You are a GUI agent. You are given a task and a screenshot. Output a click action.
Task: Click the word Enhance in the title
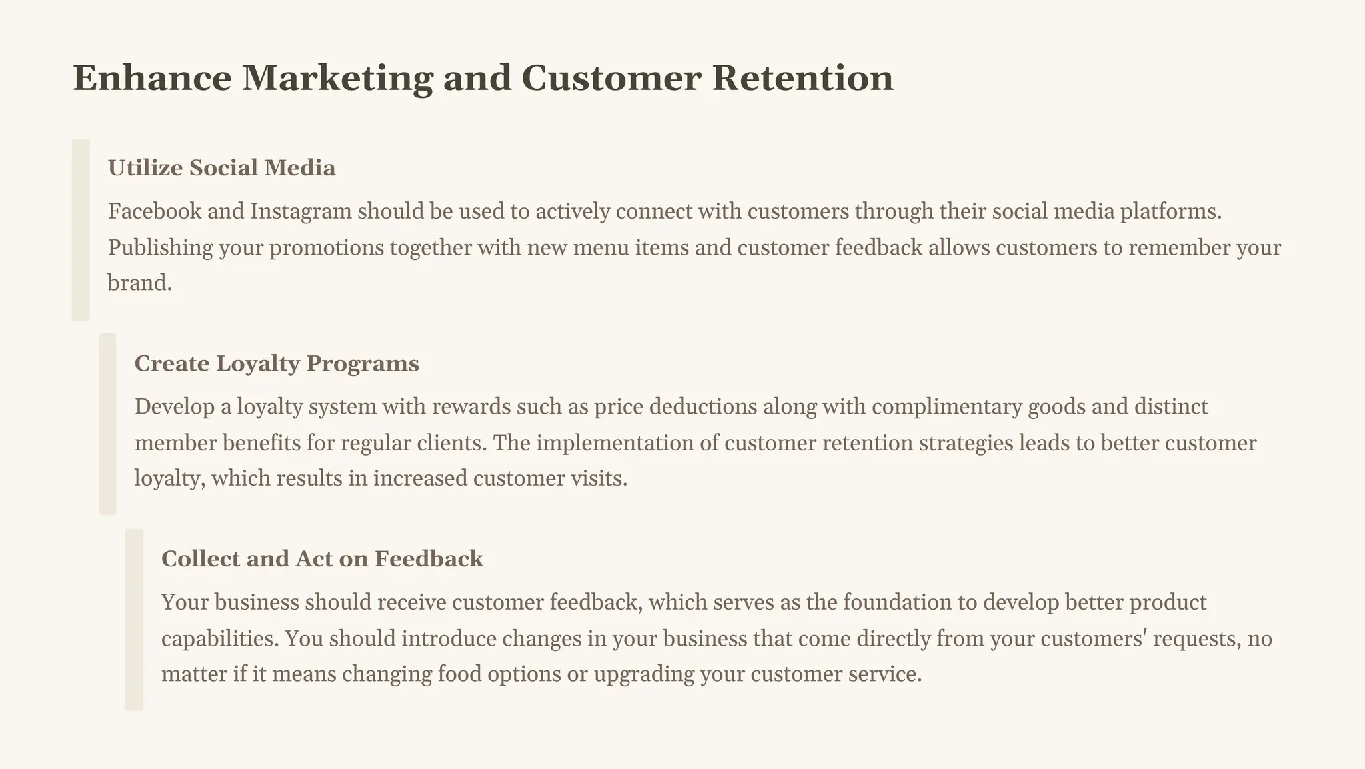152,78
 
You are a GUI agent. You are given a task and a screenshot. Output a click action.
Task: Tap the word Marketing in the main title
337,78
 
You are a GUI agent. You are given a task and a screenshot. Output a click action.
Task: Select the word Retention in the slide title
802,78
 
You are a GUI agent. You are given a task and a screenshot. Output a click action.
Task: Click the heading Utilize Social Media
221,168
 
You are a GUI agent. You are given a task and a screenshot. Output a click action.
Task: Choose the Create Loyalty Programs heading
277,364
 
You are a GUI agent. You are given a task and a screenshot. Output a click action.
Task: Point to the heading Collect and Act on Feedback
322,559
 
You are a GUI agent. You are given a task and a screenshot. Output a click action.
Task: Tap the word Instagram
301,211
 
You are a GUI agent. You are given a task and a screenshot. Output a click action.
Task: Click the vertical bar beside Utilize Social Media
81,230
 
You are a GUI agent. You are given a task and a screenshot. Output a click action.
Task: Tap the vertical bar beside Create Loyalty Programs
107,424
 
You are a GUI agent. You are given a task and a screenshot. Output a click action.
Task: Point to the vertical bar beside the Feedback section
134,620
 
